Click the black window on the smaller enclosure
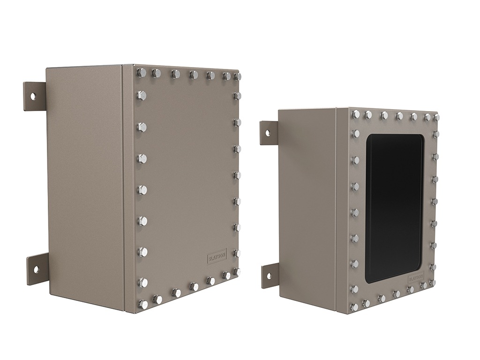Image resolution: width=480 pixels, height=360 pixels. pyautogui.click(x=394, y=209)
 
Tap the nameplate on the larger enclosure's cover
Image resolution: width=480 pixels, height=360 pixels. pyautogui.click(x=217, y=256)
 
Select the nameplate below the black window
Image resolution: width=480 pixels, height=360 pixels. pyautogui.click(x=416, y=277)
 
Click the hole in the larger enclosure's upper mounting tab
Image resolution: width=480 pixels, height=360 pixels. pyautogui.click(x=33, y=96)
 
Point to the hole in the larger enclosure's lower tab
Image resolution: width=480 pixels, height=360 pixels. pyautogui.click(x=35, y=269)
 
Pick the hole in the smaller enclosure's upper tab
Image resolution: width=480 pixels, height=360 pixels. pyautogui.click(x=268, y=133)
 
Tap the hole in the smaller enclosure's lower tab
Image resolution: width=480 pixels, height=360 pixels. pyautogui.click(x=269, y=275)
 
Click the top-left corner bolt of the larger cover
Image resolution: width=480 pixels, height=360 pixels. pyautogui.click(x=141, y=73)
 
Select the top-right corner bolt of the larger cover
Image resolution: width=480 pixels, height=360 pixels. pyautogui.click(x=237, y=76)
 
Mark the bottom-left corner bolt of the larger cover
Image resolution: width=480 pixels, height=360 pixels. pyautogui.click(x=143, y=304)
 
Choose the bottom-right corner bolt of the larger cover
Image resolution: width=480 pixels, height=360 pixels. pyautogui.click(x=237, y=272)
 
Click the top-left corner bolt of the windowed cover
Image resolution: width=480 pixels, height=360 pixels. pyautogui.click(x=355, y=114)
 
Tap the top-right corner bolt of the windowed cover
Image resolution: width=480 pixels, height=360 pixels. pyautogui.click(x=436, y=117)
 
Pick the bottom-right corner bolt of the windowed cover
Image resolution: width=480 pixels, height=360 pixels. pyautogui.click(x=432, y=283)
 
